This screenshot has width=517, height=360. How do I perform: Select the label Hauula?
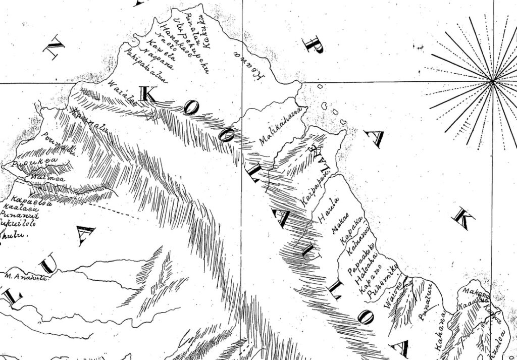pos(330,210)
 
